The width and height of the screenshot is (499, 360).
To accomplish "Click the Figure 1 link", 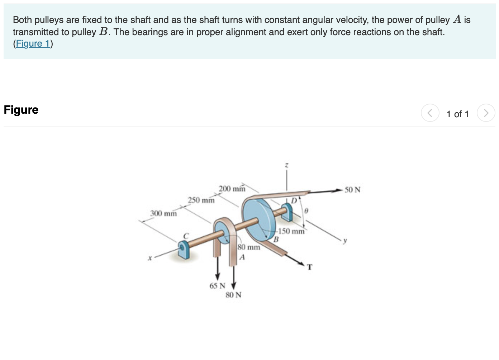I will [33, 44].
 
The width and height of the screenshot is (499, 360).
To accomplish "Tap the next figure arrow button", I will [486, 113].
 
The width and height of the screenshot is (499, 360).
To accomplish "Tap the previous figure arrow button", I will [430, 113].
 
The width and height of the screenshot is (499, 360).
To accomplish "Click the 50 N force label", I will [352, 190].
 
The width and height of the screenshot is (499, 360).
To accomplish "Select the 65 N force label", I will [217, 286].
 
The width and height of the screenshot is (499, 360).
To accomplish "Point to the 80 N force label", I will [233, 295].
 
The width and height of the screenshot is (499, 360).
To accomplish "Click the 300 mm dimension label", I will [163, 214].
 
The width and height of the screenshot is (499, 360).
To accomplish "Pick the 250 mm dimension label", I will [201, 200].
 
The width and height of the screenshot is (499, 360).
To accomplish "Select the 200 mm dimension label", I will [232, 189].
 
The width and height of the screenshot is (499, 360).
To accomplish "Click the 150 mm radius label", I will [291, 231].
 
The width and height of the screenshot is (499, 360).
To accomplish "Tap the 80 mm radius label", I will [249, 247].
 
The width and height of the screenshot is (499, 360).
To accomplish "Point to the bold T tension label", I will [310, 267].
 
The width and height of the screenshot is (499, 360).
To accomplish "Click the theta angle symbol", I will [306, 211].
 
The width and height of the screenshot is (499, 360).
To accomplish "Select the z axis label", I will [286, 166].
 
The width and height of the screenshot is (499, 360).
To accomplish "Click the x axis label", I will [150, 258].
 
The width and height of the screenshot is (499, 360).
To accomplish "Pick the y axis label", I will [345, 241].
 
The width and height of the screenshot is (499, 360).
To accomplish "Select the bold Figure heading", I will [21, 110].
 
